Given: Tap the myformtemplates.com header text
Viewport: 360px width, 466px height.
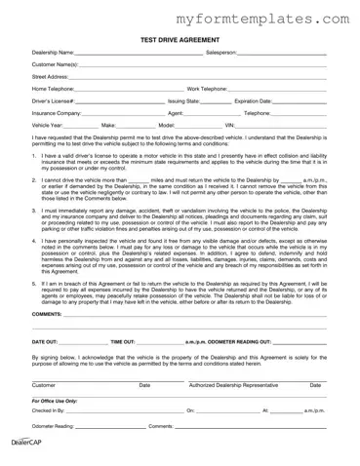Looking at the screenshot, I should coord(264,17).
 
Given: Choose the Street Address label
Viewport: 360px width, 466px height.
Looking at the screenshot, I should coord(50,76).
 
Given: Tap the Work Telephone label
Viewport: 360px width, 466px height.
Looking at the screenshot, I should coord(211,88).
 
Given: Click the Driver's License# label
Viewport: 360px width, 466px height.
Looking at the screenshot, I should coord(54,100).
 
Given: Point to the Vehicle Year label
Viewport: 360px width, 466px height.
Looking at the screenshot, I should coord(48,125).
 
